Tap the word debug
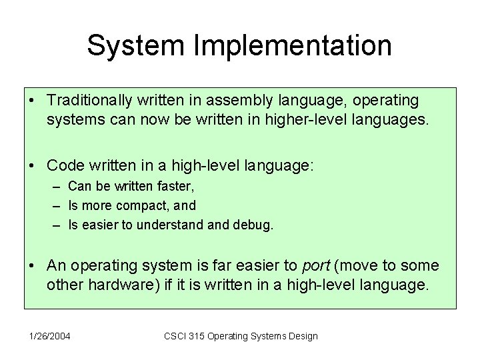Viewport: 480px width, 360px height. [255, 226]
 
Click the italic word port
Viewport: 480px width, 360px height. [316, 266]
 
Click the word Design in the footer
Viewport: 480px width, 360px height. [302, 335]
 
